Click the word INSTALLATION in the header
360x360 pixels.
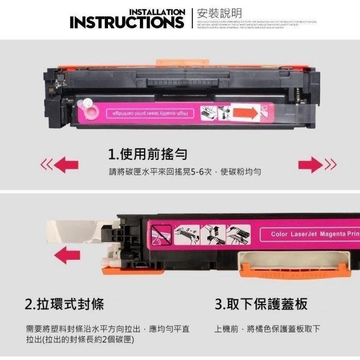click(x=156, y=12)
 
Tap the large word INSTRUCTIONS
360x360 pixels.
click(x=127, y=23)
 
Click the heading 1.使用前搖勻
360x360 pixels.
click(x=148, y=153)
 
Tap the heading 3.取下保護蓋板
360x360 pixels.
click(x=261, y=304)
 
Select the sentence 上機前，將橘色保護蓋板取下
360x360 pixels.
click(x=267, y=329)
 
